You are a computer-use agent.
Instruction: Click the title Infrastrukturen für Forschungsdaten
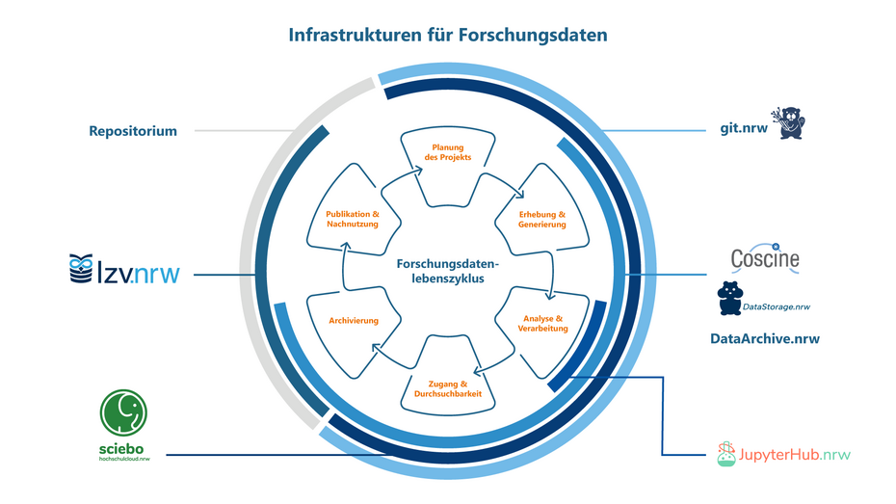pos(448,35)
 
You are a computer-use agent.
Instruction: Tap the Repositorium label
pos(133,131)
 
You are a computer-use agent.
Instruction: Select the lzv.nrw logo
pos(124,272)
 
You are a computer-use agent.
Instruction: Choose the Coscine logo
pos(764,257)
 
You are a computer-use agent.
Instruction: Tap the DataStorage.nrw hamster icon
pos(729,300)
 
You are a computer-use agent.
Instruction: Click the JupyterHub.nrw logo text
pos(795,453)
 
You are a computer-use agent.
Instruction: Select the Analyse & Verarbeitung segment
pos(542,324)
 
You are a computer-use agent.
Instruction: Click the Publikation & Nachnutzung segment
pos(353,218)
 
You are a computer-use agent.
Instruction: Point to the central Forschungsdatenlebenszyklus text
pos(448,269)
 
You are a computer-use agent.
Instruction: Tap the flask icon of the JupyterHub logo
pos(726,454)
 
